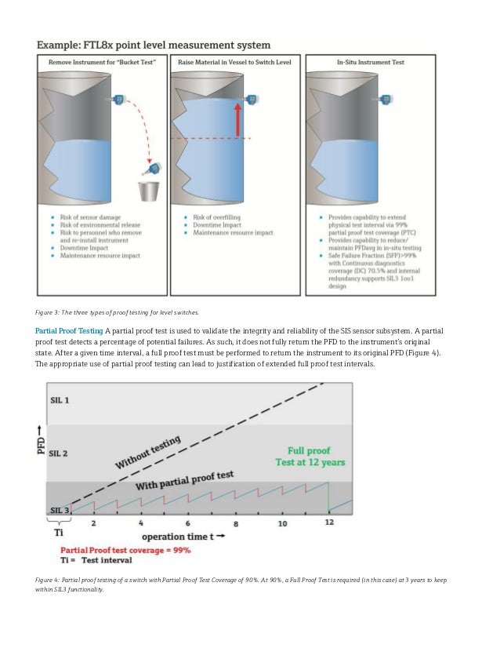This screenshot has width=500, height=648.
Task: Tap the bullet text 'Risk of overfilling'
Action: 217,216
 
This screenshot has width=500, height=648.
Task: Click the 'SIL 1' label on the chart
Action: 60,399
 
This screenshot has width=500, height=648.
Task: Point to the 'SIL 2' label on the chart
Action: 60,453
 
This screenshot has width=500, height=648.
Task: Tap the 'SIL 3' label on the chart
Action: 60,509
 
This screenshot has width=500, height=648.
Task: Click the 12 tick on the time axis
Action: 329,522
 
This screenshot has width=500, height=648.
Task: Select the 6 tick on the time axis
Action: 188,522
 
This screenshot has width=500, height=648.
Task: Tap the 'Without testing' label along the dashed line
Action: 148,453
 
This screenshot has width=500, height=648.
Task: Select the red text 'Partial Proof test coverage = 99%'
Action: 126,550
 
